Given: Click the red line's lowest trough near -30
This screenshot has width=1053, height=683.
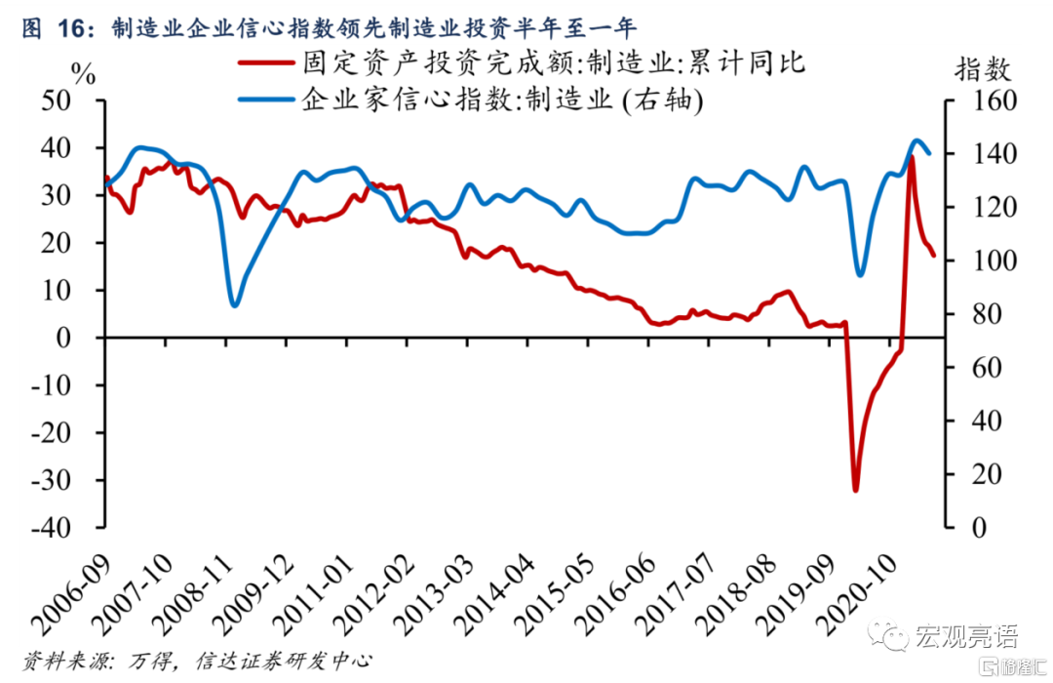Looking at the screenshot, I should tap(856, 489).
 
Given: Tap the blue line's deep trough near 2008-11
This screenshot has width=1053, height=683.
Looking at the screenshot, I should tap(234, 305).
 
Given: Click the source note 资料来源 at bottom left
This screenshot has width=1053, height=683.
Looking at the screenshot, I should tap(195, 662).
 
